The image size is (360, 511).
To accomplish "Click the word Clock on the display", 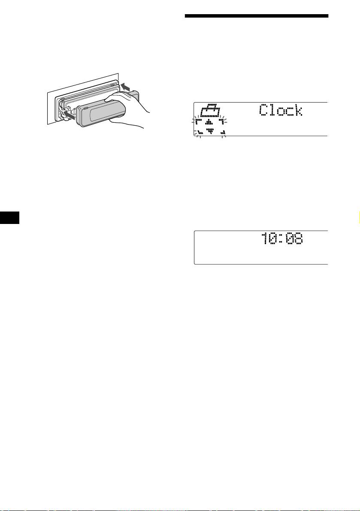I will click(x=281, y=111).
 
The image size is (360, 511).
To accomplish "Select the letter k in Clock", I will click(x=297, y=111).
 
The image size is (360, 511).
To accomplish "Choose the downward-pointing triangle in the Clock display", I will click(x=210, y=131).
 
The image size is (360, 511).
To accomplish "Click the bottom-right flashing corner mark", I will click(x=222, y=133).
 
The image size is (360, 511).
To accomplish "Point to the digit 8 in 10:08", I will click(x=297, y=239).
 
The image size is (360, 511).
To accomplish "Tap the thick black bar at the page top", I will click(x=257, y=16).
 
